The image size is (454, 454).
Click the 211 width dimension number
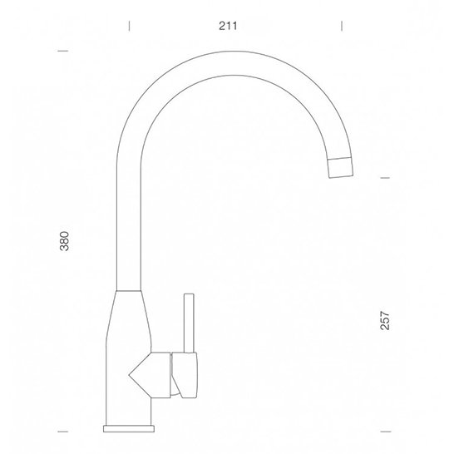coord(228,26)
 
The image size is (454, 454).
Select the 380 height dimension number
coord(64,241)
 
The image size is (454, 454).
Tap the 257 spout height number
coord(385,320)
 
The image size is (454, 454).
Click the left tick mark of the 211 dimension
coord(129,26)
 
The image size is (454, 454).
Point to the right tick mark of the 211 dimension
coord(342,26)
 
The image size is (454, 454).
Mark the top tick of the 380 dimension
coord(63,51)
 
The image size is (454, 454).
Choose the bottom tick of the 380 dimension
coord(63,432)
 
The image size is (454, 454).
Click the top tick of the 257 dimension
coord(385,178)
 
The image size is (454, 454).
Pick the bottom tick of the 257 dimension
coord(385,432)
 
